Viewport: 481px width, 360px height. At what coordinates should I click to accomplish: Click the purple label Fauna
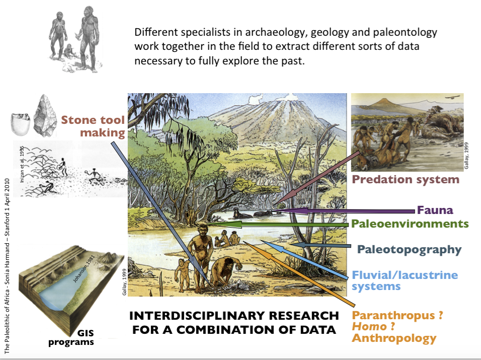[x=435, y=210]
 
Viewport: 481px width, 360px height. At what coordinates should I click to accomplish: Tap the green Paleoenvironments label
[x=410, y=224]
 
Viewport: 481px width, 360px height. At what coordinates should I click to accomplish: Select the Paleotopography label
[x=409, y=250]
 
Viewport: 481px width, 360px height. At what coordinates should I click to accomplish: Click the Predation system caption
[x=406, y=180]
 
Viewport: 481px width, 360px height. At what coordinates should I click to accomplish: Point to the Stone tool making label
[x=93, y=126]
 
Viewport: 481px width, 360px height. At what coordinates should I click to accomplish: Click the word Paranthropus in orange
[x=393, y=316]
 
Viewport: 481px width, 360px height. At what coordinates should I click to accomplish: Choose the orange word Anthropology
[x=394, y=338]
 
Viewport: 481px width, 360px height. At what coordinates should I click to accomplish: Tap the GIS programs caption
[x=71, y=338]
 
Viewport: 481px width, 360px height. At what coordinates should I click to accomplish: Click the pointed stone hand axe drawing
[x=45, y=115]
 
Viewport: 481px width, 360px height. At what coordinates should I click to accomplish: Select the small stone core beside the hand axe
[x=21, y=124]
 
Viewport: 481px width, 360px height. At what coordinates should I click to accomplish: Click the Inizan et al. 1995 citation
[x=22, y=164]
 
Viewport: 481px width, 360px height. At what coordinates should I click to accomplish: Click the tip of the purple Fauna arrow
[x=272, y=210]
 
